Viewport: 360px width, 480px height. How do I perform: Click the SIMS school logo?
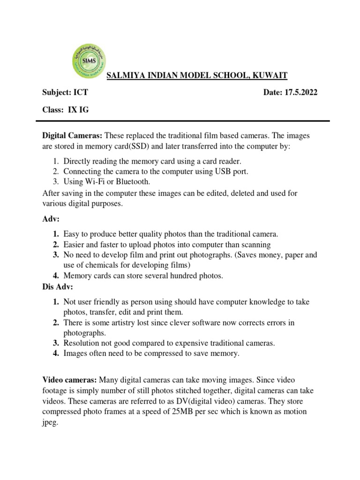89,61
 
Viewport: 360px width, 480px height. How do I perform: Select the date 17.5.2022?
299,93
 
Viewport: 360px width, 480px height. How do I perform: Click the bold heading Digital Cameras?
72,136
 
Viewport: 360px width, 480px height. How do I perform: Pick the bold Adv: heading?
50,218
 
